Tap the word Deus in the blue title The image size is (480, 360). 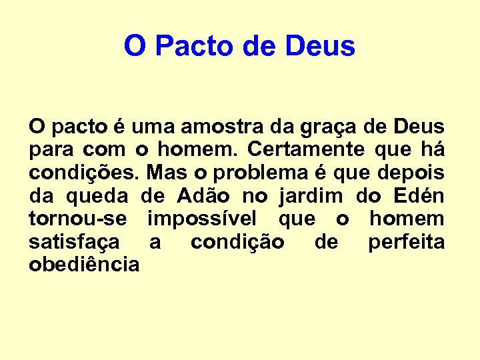(x=320, y=47)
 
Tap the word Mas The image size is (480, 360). (x=167, y=173)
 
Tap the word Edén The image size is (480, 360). (x=419, y=196)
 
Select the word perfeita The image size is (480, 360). (x=406, y=243)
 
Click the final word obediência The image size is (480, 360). (x=84, y=265)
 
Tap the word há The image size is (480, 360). (x=432, y=149)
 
